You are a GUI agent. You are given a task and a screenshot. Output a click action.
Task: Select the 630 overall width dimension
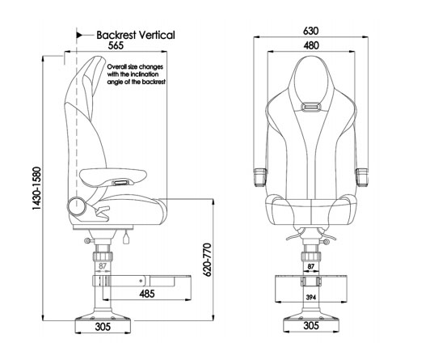pos(310,31)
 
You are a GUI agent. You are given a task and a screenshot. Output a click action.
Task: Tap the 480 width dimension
pos(310,46)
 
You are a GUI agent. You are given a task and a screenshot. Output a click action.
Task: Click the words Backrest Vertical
pos(135,36)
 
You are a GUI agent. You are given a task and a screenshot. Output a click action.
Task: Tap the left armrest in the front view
pos(261,174)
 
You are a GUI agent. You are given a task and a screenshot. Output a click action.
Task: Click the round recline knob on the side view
pos(78,205)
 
